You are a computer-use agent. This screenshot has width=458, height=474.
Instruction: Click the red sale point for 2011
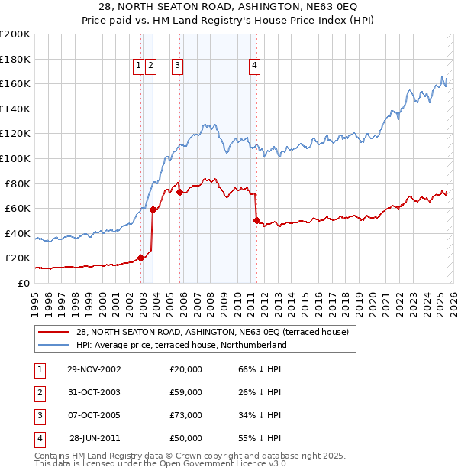coord(256,220)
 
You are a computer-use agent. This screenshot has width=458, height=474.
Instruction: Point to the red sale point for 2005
coord(180,192)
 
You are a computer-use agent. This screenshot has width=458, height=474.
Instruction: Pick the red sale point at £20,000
coord(141,258)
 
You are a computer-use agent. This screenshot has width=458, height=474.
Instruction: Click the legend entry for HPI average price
coord(181,345)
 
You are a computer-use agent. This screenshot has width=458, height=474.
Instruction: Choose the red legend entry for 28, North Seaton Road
coord(212,332)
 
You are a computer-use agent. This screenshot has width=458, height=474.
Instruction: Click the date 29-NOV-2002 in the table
coord(94,369)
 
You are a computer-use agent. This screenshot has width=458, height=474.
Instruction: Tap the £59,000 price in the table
coord(186,392)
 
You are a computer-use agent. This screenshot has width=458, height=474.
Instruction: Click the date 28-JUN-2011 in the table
coord(95,438)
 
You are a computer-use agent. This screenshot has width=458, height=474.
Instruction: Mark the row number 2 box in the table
coord(37,392)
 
